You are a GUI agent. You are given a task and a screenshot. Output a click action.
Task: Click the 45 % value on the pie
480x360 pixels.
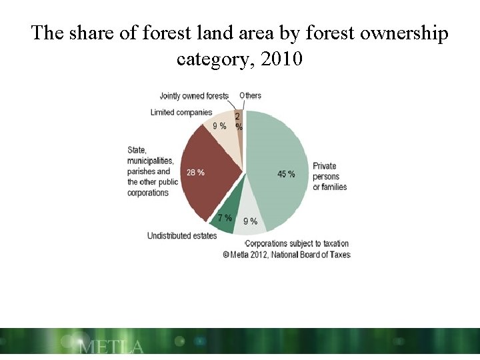286,174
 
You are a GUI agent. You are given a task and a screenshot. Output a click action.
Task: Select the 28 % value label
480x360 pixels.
195,173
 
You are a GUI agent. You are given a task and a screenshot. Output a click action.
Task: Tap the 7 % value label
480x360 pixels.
225,218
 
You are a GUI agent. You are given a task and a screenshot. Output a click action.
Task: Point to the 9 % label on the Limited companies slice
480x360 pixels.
219,126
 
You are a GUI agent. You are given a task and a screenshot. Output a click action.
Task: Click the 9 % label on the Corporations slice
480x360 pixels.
250,221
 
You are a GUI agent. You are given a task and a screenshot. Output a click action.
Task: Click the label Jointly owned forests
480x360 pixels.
193,96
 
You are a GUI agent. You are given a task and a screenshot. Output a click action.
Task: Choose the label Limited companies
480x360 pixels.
181,112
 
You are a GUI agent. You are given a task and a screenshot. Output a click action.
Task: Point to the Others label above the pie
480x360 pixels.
251,95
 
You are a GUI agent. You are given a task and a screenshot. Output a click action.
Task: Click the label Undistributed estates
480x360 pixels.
182,236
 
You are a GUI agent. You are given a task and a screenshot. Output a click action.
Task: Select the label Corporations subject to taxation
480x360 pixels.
297,243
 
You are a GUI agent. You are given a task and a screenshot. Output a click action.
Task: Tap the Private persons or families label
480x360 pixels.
330,176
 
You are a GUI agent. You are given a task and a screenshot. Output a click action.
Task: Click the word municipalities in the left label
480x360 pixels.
151,161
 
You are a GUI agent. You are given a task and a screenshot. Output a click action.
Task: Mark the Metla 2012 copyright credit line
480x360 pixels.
287,254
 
